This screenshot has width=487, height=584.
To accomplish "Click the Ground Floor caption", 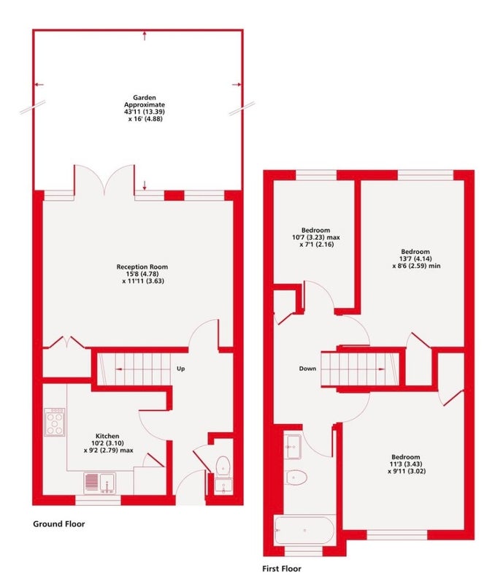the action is (59, 524).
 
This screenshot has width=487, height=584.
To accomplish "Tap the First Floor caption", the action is (282, 569).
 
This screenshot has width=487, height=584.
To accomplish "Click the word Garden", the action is (145, 98).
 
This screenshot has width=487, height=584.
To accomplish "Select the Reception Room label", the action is (142, 266).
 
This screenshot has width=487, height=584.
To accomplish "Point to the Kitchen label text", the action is (107, 436).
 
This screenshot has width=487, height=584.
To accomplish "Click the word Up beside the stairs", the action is (181, 369).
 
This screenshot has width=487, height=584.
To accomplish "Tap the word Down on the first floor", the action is (308, 369).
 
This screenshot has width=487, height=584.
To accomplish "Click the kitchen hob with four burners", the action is (55, 422).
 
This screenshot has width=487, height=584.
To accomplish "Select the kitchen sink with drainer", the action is (100, 483).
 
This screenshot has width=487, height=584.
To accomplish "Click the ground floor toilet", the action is (223, 466).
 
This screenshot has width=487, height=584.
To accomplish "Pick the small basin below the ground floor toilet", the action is (223, 485).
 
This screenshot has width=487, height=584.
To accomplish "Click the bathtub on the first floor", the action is (304, 530).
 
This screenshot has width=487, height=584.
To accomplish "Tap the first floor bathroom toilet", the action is (296, 477).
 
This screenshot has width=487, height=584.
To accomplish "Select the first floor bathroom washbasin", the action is (294, 447).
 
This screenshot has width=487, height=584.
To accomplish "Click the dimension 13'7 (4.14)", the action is (416, 259).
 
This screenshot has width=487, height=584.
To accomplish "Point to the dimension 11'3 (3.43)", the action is (405, 464).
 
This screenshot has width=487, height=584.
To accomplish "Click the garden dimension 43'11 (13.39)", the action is (145, 112).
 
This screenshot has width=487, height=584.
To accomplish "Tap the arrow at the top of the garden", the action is (145, 36).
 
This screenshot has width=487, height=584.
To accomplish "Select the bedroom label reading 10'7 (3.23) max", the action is (316, 237).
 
